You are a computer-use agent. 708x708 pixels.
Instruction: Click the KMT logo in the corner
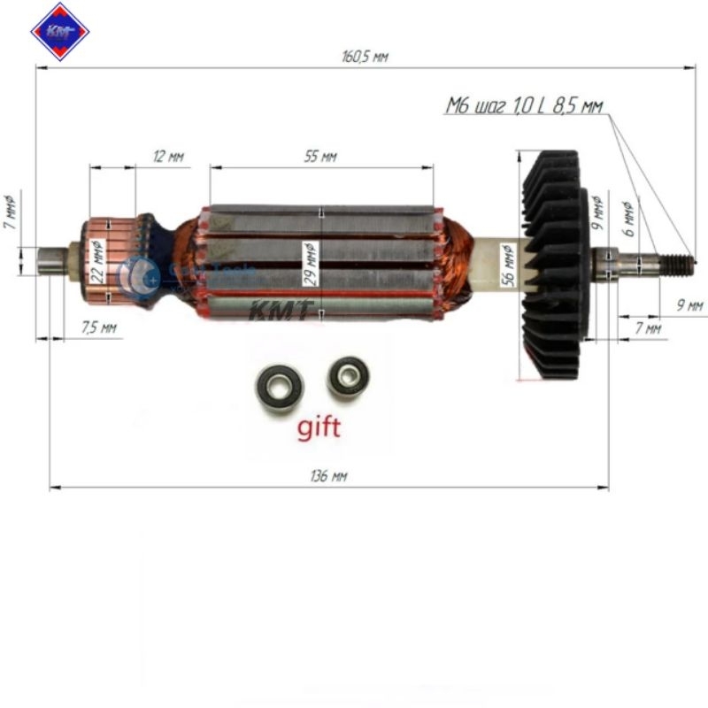60,32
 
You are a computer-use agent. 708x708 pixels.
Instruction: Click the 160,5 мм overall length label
365,57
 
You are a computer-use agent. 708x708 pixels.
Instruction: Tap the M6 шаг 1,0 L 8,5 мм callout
524,107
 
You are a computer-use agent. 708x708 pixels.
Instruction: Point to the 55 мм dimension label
320,157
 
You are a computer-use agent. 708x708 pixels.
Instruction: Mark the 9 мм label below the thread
689,305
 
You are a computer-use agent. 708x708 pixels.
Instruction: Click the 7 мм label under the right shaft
649,328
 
